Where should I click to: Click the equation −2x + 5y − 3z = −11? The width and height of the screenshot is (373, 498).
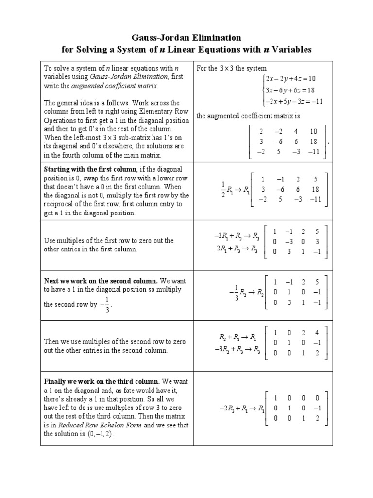point(292,101)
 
